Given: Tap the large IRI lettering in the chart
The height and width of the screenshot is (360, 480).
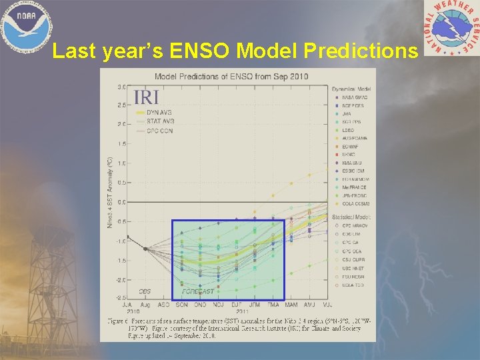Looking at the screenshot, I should point(146,97).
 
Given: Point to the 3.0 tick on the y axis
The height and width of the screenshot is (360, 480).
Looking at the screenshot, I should point(122,87).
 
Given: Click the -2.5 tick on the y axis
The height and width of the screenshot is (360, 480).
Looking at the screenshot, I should point(121,297).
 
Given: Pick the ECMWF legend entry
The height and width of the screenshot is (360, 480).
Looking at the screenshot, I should point(350,146).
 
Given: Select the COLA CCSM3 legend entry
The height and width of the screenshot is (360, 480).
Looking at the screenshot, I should point(353,203).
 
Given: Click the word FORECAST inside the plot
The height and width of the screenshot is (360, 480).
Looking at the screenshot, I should point(198,291).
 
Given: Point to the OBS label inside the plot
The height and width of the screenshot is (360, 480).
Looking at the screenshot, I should point(145,291).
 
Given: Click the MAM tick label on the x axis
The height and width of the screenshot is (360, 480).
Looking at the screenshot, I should point(291,305).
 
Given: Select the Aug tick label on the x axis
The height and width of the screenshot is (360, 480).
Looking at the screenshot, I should point(145,305).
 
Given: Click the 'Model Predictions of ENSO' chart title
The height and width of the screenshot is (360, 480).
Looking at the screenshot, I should point(231,76).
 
